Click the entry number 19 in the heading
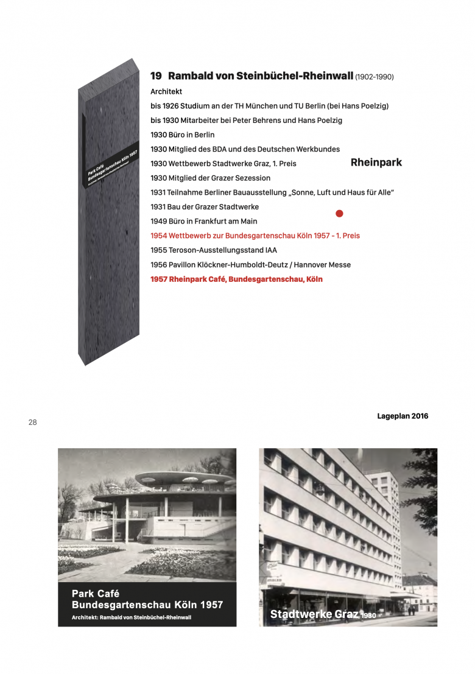click(x=156, y=76)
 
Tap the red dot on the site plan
click(x=340, y=213)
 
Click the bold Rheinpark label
click(x=376, y=163)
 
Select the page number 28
click(x=33, y=422)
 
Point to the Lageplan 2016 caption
click(x=403, y=416)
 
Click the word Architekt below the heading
click(x=166, y=91)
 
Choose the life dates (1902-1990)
click(x=375, y=77)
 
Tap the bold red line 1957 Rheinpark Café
click(x=236, y=279)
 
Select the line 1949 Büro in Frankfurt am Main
click(x=204, y=221)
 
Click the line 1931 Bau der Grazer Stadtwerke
click(x=205, y=207)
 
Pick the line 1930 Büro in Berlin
click(x=183, y=135)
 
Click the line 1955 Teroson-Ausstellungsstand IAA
click(x=209, y=250)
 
